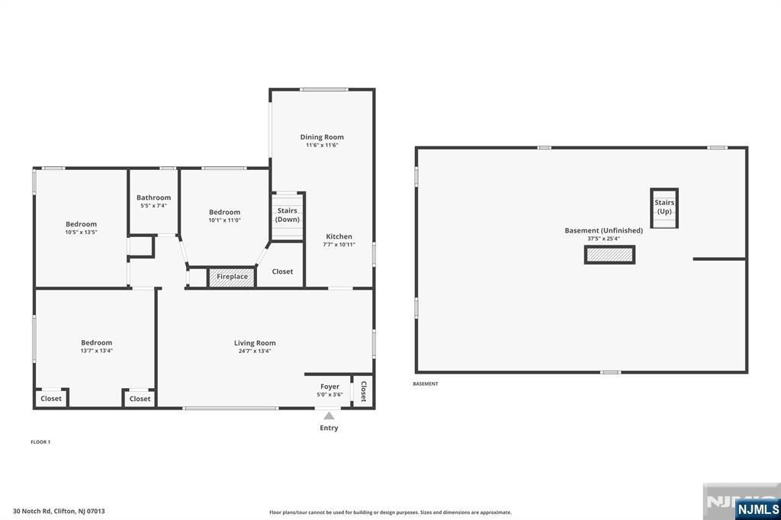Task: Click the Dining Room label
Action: point(322,137)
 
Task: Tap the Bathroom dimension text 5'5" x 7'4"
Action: point(153,206)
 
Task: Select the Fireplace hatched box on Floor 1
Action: point(232,277)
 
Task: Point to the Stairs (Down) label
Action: point(288,215)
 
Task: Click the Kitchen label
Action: point(339,236)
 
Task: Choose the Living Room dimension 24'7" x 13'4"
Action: point(255,351)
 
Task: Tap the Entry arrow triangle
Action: point(329,416)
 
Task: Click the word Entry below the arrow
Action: point(329,428)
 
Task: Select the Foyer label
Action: point(329,387)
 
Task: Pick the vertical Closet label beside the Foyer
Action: point(363,391)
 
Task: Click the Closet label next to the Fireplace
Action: point(282,271)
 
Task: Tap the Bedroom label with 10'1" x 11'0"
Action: point(225,212)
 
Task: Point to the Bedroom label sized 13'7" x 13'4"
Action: point(97,342)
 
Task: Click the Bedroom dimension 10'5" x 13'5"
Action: point(81,232)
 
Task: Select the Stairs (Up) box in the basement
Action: point(664,208)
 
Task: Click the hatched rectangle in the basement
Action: point(609,255)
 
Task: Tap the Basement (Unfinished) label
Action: point(604,230)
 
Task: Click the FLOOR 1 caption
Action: point(40,441)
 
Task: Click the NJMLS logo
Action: point(757,509)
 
